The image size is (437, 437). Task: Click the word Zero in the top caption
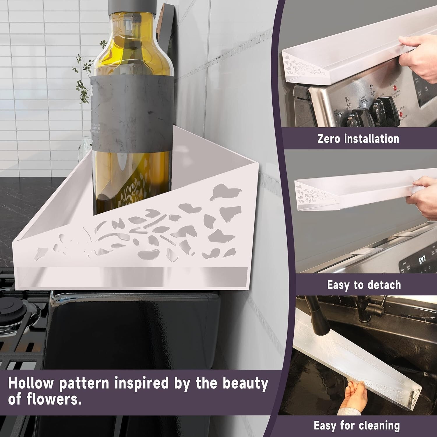[x=329, y=138]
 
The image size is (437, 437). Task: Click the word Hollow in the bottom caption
[x=31, y=383]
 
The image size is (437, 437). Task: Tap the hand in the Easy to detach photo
[x=425, y=198]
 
